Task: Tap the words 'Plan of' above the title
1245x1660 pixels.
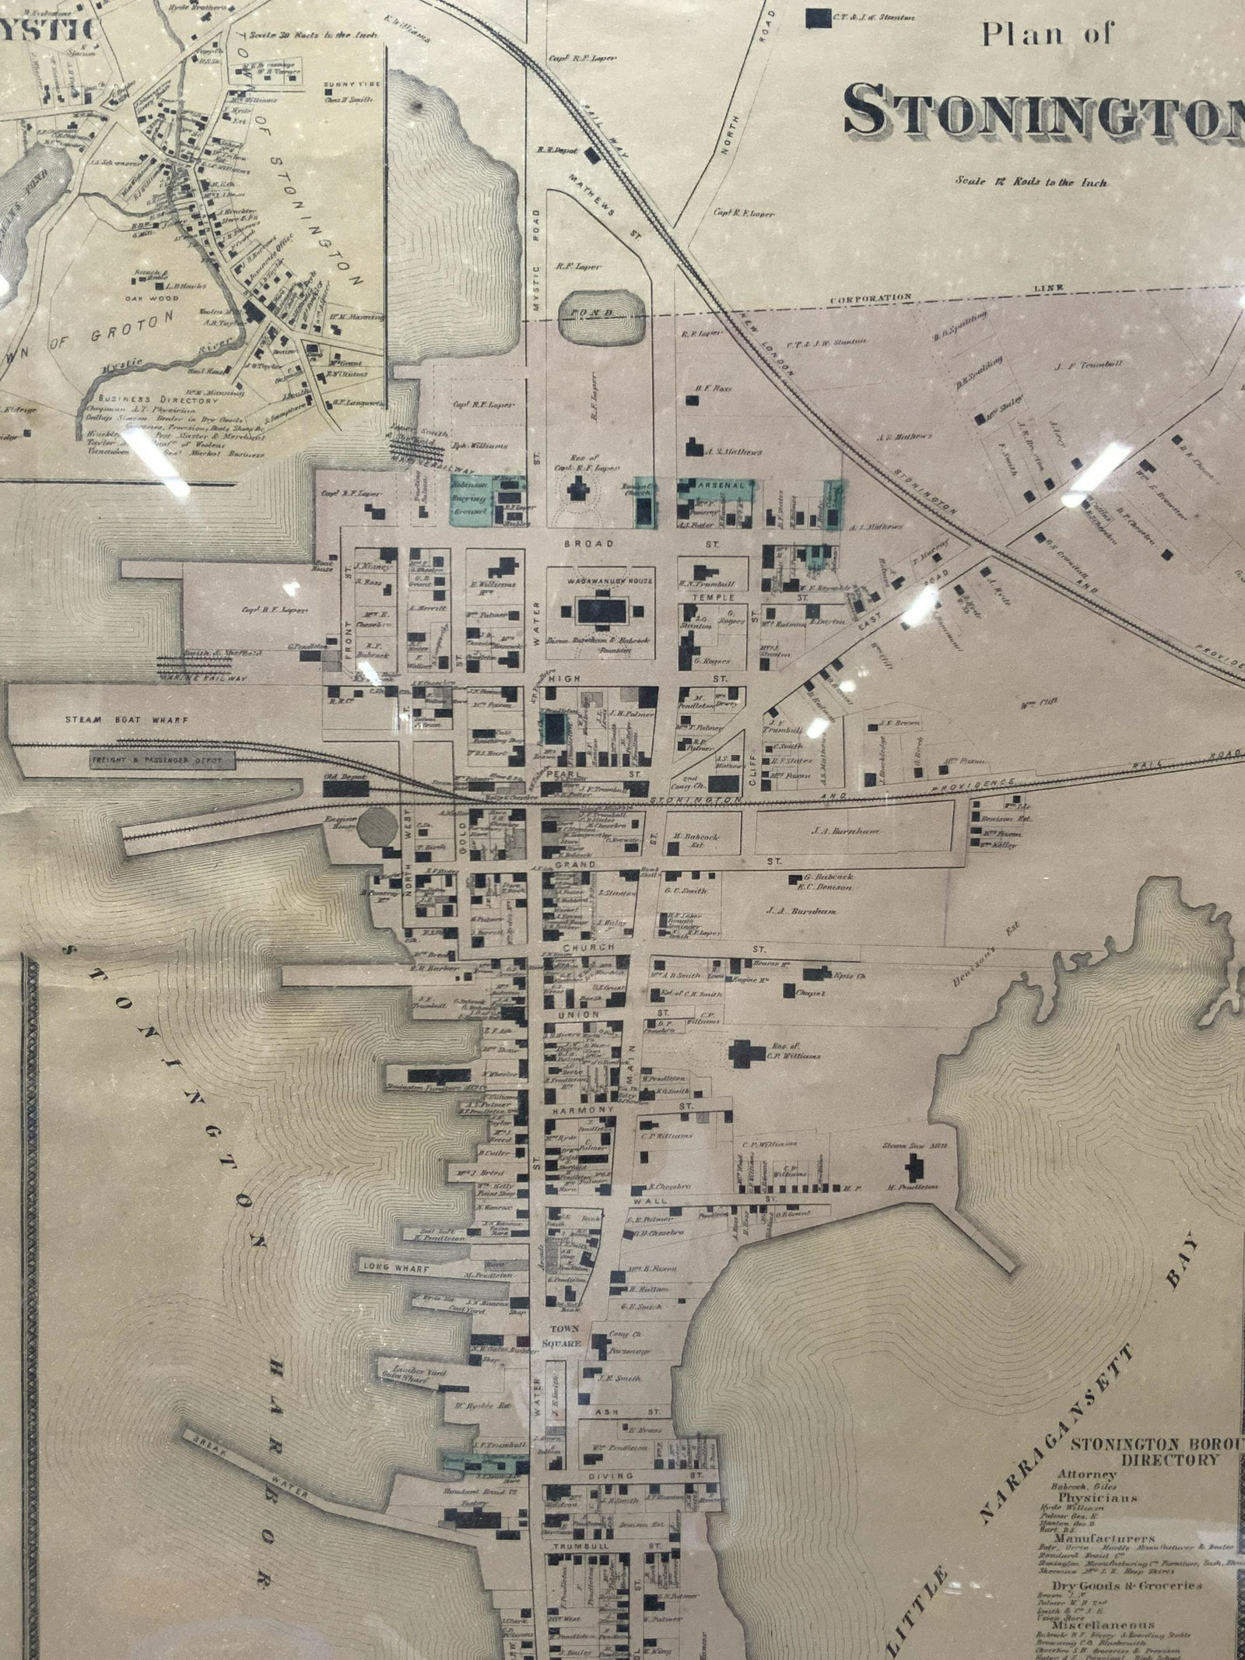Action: tap(1047, 34)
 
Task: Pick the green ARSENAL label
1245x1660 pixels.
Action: tap(719, 485)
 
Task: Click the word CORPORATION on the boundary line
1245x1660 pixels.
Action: tap(870, 298)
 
